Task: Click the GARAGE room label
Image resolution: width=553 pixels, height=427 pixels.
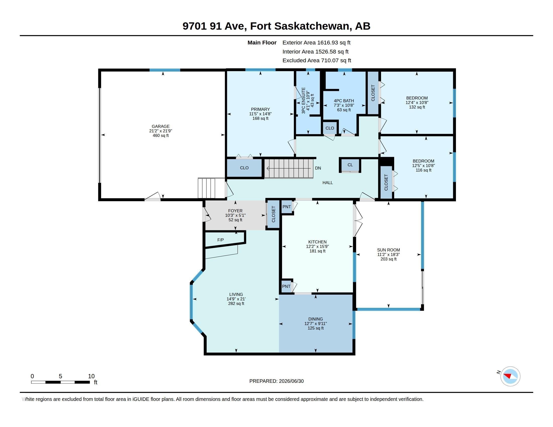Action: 161,126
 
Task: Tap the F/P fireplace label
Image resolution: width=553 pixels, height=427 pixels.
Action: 220,240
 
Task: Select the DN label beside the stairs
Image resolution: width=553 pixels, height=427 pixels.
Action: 318,168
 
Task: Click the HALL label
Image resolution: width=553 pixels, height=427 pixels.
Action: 328,183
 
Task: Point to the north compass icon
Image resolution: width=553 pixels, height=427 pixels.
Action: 510,376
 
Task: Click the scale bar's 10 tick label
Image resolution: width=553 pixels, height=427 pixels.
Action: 91,376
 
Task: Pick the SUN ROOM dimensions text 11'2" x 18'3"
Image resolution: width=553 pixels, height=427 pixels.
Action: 388,254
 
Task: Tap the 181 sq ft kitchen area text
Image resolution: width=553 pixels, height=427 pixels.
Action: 317,251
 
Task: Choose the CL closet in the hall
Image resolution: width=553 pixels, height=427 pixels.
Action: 350,165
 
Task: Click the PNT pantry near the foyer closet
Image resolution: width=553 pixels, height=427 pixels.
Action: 287,207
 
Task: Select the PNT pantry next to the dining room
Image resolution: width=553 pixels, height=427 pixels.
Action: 286,286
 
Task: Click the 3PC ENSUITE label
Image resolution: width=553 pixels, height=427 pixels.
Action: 304,100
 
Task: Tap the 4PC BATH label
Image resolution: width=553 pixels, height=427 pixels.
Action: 344,101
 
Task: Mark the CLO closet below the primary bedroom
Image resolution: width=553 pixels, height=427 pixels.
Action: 244,168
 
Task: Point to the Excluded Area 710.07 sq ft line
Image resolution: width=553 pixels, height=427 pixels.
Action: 317,61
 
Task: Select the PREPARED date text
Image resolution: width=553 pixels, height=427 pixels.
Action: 276,381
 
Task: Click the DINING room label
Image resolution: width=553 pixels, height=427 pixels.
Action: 315,319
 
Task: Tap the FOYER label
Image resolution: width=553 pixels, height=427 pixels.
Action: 235,211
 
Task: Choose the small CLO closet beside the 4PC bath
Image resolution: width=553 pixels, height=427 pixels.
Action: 330,128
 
